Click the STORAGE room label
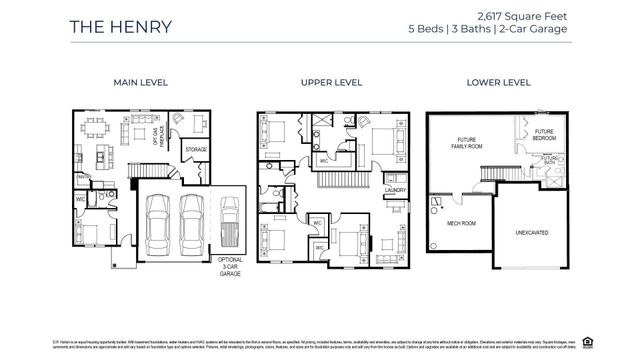[196, 149]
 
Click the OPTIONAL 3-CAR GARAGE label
[230, 264]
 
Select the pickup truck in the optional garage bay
[230, 222]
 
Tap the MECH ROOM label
[461, 225]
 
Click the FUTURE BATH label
[550, 159]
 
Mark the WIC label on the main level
[79, 198]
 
